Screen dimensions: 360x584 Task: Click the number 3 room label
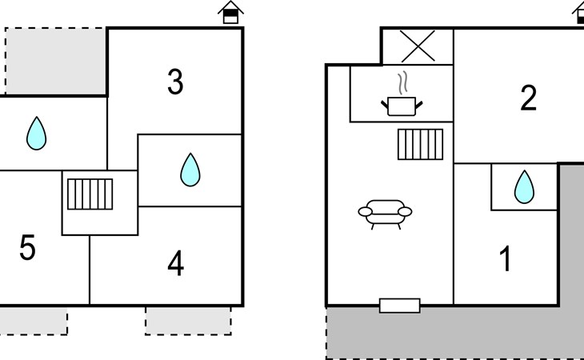click(x=175, y=82)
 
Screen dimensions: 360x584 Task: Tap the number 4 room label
click(x=176, y=263)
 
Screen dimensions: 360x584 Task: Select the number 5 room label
click(x=27, y=249)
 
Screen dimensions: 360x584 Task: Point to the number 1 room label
click(x=505, y=260)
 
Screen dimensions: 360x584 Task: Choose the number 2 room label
click(x=528, y=98)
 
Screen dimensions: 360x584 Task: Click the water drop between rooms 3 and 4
click(x=190, y=170)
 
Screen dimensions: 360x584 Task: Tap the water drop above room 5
click(x=36, y=134)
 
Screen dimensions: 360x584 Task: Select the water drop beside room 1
click(x=523, y=186)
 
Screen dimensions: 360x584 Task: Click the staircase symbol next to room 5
click(x=90, y=194)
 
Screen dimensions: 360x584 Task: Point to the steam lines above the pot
click(x=404, y=82)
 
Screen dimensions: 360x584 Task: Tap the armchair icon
click(x=385, y=213)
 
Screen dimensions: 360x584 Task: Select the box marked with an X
click(x=417, y=46)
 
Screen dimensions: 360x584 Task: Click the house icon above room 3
click(x=230, y=13)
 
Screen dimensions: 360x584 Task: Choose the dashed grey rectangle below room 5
click(x=32, y=321)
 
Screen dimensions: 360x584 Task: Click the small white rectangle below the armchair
click(x=399, y=305)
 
